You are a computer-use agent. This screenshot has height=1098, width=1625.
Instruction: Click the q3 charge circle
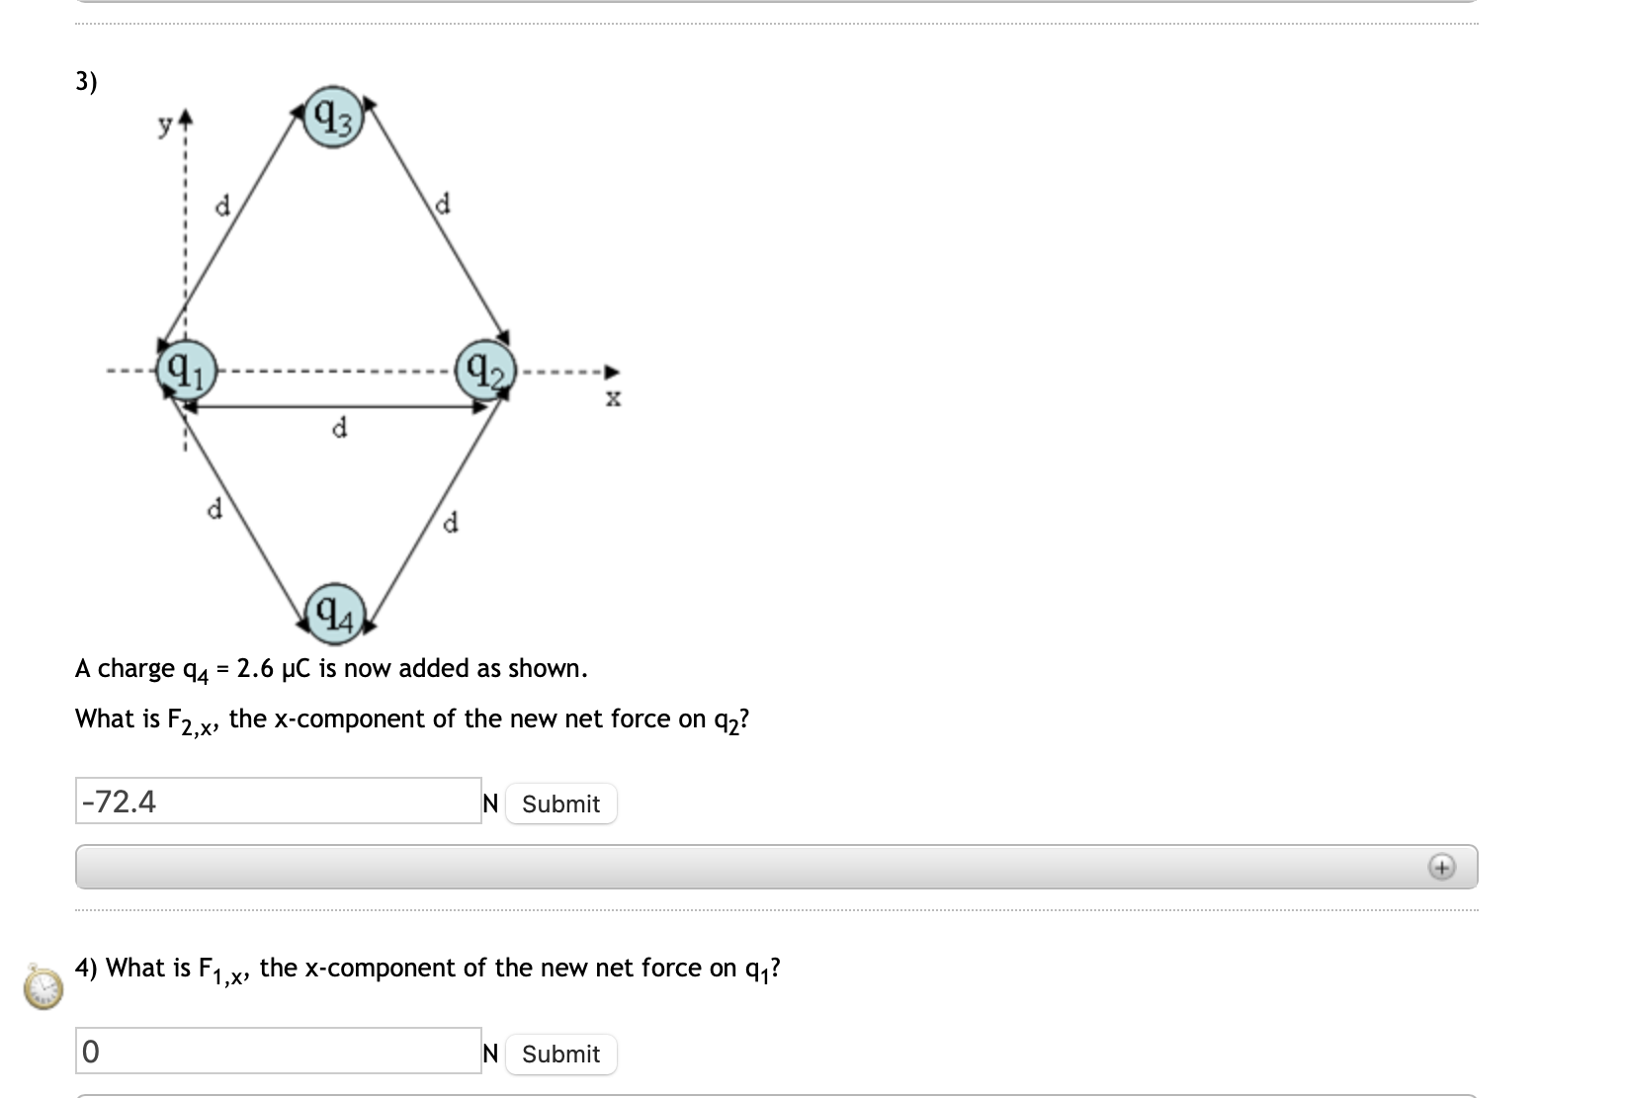click(334, 121)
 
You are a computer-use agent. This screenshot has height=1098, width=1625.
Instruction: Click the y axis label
click(167, 125)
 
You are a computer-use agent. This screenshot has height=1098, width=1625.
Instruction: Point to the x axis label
click(613, 399)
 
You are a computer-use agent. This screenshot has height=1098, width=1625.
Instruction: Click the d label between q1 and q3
click(222, 206)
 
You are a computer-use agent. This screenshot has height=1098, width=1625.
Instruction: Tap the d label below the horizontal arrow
click(339, 428)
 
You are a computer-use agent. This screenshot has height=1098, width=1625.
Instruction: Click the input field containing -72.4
click(278, 802)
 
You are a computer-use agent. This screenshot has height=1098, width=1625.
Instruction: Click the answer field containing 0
click(278, 1052)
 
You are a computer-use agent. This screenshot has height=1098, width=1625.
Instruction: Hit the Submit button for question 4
click(560, 1054)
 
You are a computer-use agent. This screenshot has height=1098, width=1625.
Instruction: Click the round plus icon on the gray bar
click(1441, 868)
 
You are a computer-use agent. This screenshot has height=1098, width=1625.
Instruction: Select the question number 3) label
click(87, 81)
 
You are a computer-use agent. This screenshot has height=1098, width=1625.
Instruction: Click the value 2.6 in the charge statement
click(255, 669)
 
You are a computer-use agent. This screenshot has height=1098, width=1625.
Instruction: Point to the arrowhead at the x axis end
click(612, 373)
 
